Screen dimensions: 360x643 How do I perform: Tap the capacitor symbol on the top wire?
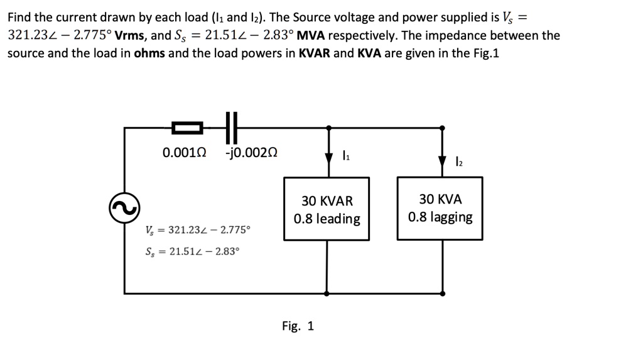point(231,127)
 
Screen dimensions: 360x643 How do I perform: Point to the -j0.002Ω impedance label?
point(251,153)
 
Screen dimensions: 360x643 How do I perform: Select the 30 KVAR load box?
point(327,209)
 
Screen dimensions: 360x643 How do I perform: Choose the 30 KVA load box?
point(440,208)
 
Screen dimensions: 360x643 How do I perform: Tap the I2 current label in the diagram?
point(458,161)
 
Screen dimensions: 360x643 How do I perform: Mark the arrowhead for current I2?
point(442,163)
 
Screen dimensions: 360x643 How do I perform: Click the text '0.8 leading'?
point(327,219)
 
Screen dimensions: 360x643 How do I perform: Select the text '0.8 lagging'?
point(440,217)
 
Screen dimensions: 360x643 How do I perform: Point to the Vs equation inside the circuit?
point(197,229)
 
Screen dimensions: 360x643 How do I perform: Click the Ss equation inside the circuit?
point(192,251)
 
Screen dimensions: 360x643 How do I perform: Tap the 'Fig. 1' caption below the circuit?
point(298,326)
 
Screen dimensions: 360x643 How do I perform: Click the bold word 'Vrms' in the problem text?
point(132,36)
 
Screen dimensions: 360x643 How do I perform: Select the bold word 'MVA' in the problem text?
point(305,36)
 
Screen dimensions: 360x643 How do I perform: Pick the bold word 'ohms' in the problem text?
point(150,53)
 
